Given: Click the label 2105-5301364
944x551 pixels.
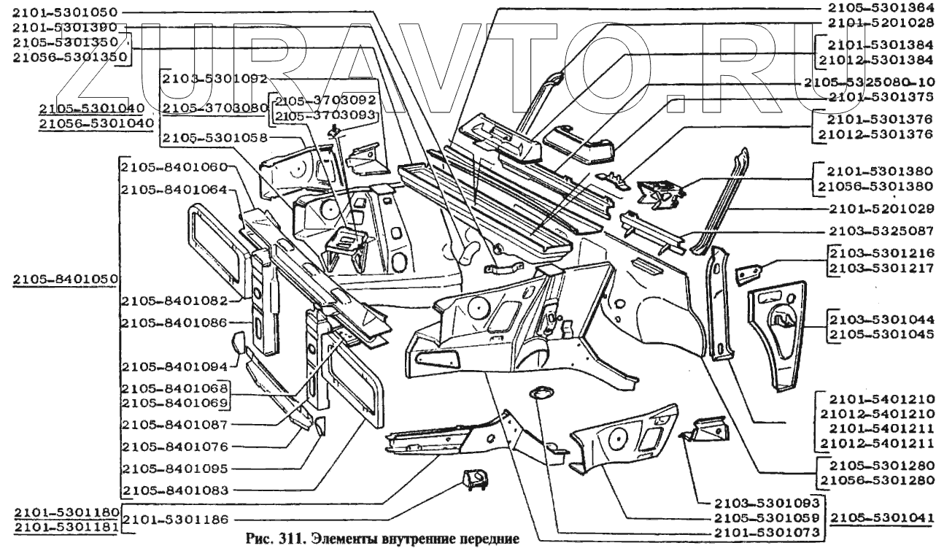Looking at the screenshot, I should coord(883,9).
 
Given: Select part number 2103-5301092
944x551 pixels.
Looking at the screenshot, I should coord(214,77).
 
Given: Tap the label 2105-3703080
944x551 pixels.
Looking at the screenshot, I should coord(214,108).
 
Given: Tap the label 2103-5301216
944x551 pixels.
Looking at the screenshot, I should coord(880,252).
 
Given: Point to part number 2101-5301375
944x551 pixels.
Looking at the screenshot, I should coord(880,96).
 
